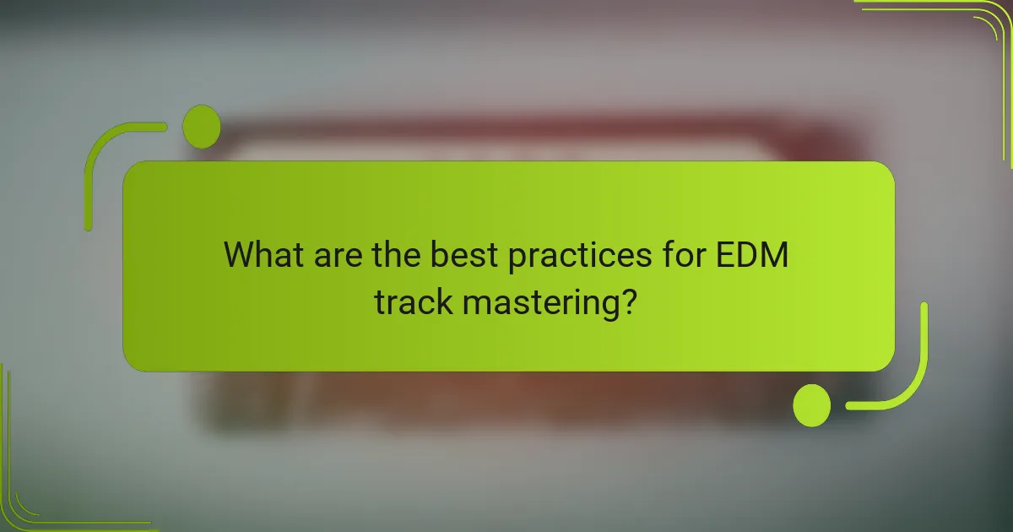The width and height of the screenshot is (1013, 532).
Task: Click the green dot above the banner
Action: [x=201, y=127]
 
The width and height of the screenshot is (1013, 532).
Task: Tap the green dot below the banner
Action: [x=811, y=404]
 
